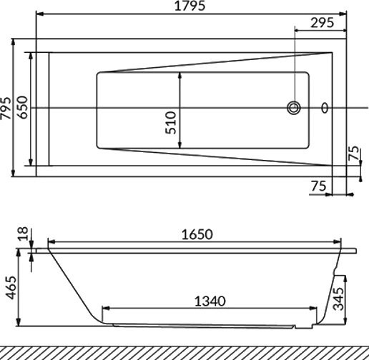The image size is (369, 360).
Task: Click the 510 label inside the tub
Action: click(x=170, y=123)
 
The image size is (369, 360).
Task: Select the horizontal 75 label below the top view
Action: click(x=320, y=186)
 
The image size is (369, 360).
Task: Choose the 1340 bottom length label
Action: click(x=210, y=301)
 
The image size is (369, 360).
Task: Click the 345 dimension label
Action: click(x=343, y=296)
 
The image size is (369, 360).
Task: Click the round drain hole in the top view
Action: click(x=294, y=109)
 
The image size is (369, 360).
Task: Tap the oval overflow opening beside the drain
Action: click(x=326, y=109)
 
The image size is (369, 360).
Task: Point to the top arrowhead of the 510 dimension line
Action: click(x=179, y=75)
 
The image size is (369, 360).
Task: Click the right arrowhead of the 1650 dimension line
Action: click(x=339, y=241)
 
